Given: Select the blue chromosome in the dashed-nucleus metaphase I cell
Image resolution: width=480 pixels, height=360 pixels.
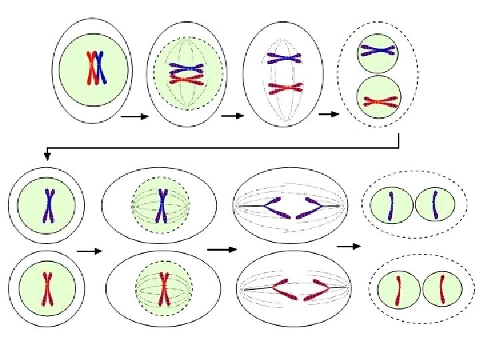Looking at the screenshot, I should point(186,67).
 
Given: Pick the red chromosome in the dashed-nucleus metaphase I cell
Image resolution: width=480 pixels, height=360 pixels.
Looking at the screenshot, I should point(186,79).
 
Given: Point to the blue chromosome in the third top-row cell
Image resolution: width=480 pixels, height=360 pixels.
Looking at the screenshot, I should point(285,59).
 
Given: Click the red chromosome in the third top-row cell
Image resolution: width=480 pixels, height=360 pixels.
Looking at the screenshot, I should point(285,87).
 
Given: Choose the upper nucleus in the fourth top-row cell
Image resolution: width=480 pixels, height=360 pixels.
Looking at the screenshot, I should point(378,53).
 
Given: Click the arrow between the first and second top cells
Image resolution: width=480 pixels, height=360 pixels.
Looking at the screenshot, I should point(133,117).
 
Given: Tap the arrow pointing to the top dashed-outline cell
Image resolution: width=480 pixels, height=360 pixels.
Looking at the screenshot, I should point(329,114).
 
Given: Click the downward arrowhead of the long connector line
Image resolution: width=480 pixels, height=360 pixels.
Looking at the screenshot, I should point(47,156).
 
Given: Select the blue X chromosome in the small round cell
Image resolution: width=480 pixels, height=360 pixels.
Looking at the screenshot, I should point(48,205).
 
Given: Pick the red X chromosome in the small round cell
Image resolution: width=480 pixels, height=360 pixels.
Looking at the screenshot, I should point(47,289).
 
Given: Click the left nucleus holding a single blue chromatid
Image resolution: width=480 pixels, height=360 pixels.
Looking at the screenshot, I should point(391,205).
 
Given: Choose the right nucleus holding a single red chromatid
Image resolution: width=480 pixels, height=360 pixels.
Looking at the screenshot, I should point(441,288).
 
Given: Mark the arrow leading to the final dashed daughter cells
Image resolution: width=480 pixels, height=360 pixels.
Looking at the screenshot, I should point(348,246).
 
